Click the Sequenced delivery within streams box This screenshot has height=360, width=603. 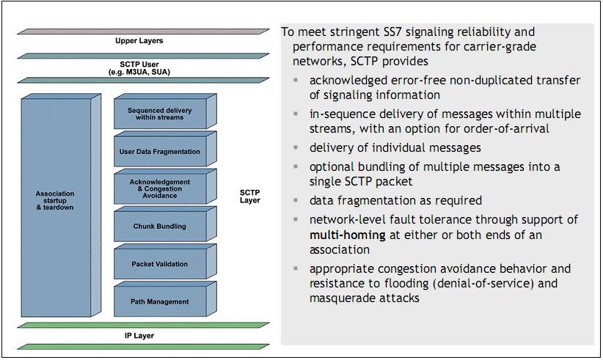click(x=156, y=114)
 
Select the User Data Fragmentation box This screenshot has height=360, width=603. click(x=159, y=152)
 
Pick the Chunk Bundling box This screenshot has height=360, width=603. click(x=159, y=227)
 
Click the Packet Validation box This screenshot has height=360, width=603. click(x=159, y=264)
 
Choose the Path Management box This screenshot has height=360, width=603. click(x=159, y=301)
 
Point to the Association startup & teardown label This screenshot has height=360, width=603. click(x=55, y=200)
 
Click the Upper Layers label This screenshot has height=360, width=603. click(x=139, y=41)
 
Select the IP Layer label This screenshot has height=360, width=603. click(x=139, y=335)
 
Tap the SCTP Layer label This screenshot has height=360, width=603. click(x=249, y=196)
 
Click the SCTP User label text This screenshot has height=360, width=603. click(x=139, y=65)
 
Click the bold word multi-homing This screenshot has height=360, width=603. click(x=346, y=235)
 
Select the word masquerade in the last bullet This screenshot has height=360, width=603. click(x=346, y=298)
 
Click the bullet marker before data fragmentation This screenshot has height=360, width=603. click(x=295, y=201)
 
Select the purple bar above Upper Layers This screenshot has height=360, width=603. click(x=139, y=32)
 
